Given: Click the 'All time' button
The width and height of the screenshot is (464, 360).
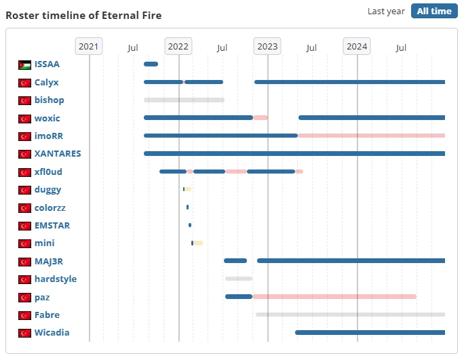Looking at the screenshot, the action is pos(434,11).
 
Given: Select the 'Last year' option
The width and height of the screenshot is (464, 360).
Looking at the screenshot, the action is pos(386,12).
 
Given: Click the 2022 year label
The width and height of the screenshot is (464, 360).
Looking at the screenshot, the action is pos(178,46).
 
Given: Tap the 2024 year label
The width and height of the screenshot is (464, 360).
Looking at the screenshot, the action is pos(357,46).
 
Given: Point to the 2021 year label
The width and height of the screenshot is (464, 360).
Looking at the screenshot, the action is pos(88,46).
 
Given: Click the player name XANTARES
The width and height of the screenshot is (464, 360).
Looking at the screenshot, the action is pos(58,153).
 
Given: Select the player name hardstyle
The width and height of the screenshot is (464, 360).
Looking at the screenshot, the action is pos(56,279).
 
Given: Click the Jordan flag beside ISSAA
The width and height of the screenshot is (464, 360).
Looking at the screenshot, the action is pos(24,65).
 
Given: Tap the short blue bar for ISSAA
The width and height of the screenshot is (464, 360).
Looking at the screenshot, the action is pos(151,64).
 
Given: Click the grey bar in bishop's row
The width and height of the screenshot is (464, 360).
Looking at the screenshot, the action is pos(184,100).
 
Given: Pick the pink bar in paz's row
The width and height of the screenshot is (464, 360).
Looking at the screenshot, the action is pos(334,296).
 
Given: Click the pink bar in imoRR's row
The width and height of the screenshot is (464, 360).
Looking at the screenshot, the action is pos(372,136).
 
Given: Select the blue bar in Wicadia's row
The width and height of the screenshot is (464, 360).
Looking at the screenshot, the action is pos(370,332).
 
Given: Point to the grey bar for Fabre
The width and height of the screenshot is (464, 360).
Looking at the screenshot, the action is pos(350,315).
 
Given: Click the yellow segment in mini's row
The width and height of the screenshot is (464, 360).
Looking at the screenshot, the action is pos(198,243).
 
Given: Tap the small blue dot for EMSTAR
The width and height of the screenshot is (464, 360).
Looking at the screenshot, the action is pos(190,225).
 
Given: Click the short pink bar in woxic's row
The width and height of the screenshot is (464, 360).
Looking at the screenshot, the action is pos(260,117).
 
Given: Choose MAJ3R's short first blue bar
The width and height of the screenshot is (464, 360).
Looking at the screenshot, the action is pos(235,260).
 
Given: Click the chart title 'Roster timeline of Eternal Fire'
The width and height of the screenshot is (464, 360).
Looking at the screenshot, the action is pos(83,16).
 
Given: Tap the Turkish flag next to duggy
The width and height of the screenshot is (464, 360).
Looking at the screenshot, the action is pos(24,190).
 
